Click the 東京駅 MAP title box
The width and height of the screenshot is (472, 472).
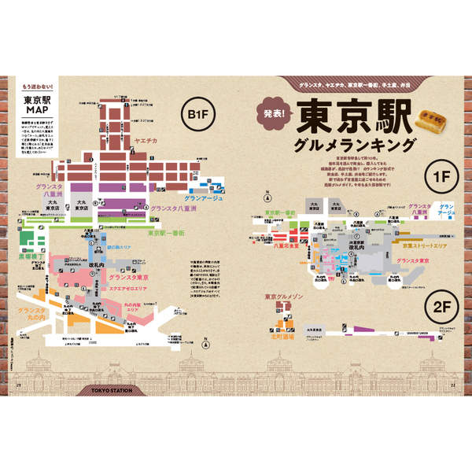pyautogui.click(x=35, y=105)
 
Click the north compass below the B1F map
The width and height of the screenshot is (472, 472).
pyautogui.click(x=205, y=343)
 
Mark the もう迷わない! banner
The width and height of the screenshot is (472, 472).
pyautogui.click(x=35, y=84)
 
